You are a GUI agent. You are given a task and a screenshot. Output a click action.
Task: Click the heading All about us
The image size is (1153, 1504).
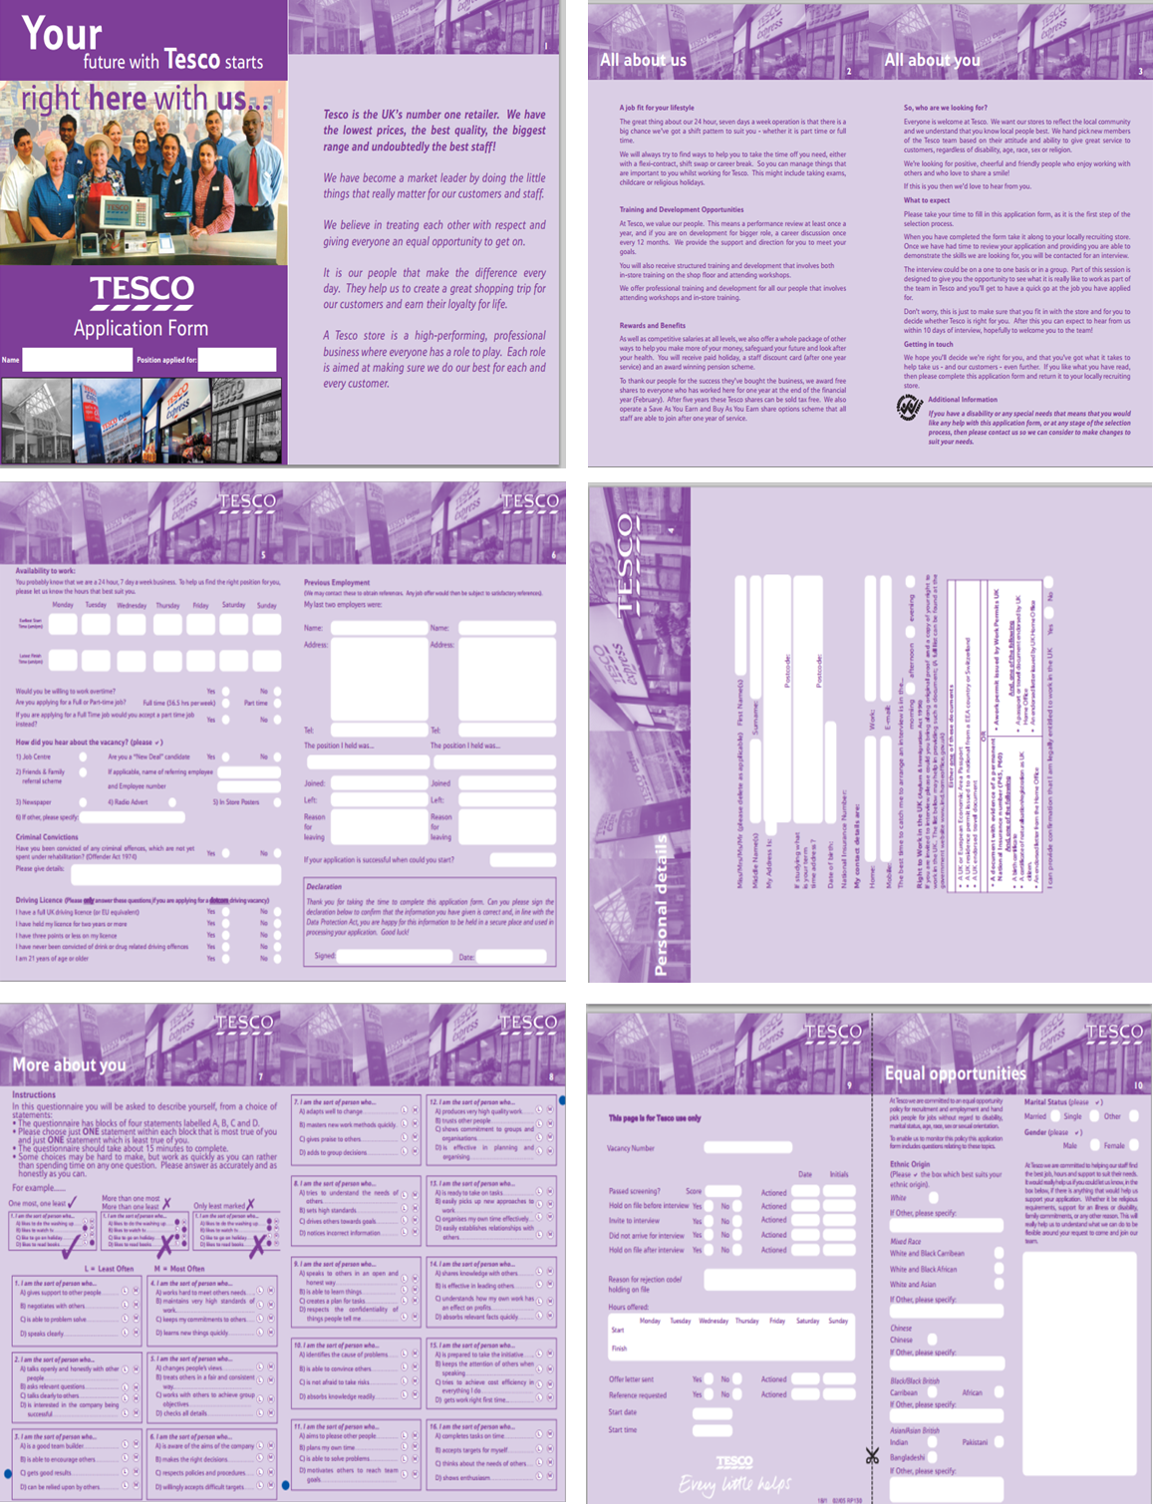(x=643, y=60)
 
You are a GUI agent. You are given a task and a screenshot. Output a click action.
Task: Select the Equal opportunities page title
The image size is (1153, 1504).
(x=955, y=1073)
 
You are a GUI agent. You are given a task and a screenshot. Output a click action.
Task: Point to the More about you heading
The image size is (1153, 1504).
(x=69, y=1064)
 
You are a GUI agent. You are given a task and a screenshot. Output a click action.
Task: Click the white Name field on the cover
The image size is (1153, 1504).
(x=77, y=360)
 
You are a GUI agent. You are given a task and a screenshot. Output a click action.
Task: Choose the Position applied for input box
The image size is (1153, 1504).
(x=236, y=360)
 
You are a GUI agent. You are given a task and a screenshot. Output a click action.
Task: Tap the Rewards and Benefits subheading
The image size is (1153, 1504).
(x=652, y=326)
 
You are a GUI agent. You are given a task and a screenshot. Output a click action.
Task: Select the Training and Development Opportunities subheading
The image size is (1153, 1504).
(x=681, y=210)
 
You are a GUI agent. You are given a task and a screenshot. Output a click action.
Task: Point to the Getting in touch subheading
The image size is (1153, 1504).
(x=928, y=344)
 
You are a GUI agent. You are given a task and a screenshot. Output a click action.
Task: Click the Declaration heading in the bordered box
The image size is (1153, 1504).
(x=323, y=886)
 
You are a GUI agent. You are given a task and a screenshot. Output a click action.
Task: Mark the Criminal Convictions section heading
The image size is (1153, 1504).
(x=47, y=837)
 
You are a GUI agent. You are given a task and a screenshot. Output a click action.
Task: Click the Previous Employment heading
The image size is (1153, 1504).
(x=336, y=583)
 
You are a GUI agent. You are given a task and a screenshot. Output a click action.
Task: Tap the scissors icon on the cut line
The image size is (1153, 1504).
(x=873, y=1456)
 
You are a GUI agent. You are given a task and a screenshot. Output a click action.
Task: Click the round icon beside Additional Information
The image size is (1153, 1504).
(x=909, y=407)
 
